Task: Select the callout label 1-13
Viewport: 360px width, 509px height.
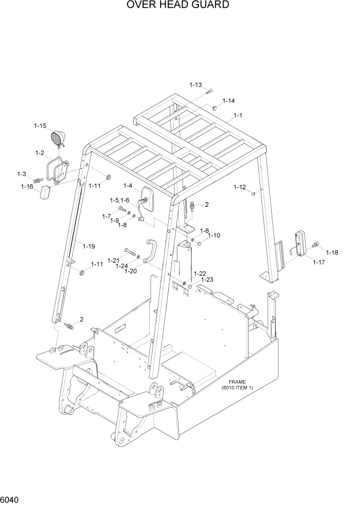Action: pyautogui.click(x=195, y=85)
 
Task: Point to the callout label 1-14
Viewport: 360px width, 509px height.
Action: pyautogui.click(x=228, y=101)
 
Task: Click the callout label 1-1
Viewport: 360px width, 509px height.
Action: pyautogui.click(x=238, y=115)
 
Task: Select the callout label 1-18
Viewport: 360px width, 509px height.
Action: pyautogui.click(x=331, y=252)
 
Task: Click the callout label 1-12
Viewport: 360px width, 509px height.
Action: pyautogui.click(x=240, y=187)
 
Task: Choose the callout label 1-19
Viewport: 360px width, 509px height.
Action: pyautogui.click(x=88, y=247)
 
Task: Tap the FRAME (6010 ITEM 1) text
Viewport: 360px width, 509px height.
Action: pyautogui.click(x=237, y=385)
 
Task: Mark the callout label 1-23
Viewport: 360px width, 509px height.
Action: pyautogui.click(x=207, y=280)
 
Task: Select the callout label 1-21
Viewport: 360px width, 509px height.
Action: pyautogui.click(x=113, y=260)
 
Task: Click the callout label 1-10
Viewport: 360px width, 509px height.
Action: pyautogui.click(x=214, y=236)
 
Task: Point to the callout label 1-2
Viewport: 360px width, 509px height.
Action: pyautogui.click(x=39, y=153)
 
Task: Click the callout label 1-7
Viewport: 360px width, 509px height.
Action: pyautogui.click(x=106, y=216)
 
